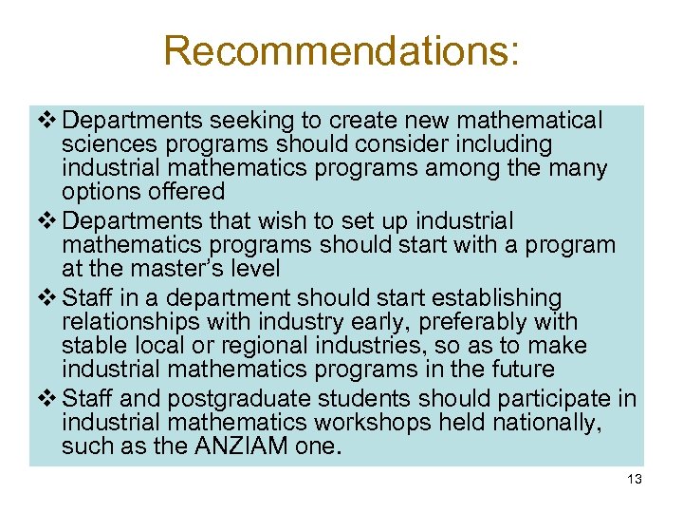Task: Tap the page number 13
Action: (x=635, y=480)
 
